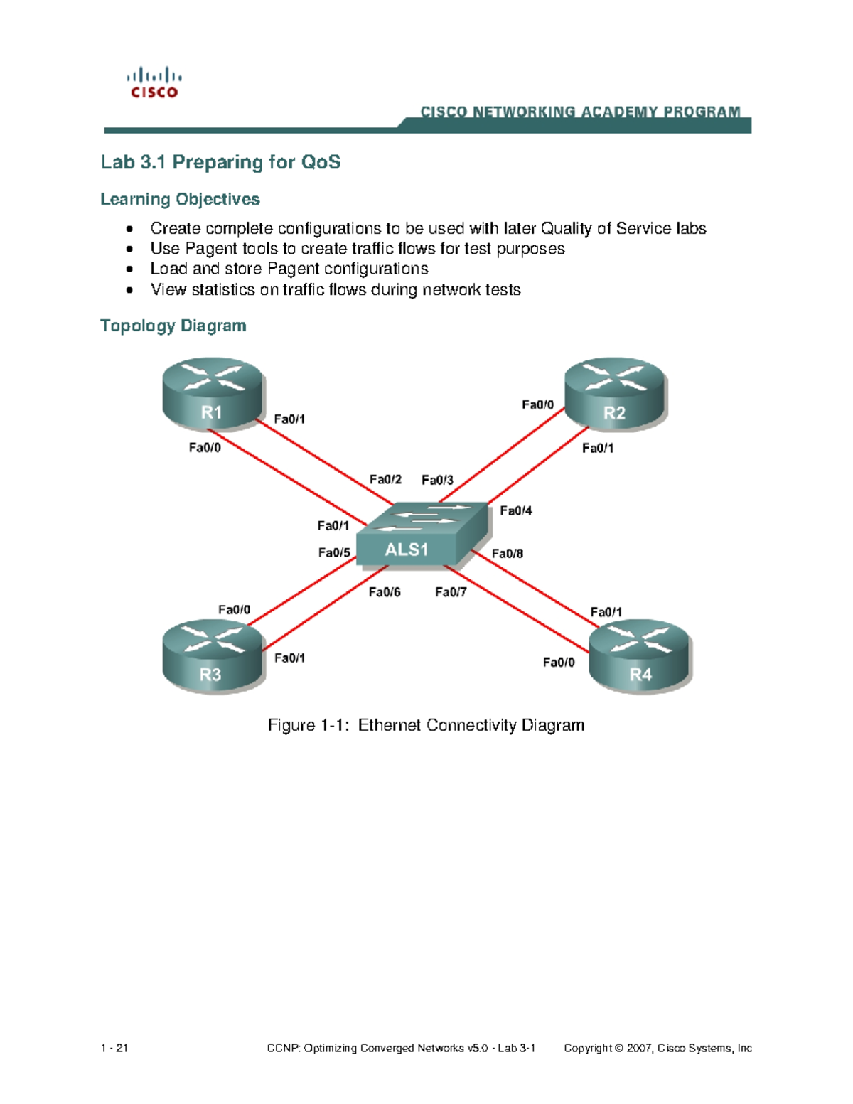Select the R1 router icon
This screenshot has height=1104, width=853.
[x=213, y=394]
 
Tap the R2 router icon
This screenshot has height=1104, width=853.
[x=615, y=394]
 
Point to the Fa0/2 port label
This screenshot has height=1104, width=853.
[x=385, y=480]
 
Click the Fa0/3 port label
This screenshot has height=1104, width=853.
[x=437, y=481]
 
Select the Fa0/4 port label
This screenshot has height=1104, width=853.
[x=515, y=510]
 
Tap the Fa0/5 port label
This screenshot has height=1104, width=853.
[x=334, y=552]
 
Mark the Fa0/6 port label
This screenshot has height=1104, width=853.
[x=385, y=592]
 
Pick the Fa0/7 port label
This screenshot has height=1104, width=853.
[x=451, y=592]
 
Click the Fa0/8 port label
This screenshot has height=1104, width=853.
[x=508, y=553]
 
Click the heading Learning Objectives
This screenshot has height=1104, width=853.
[x=180, y=199]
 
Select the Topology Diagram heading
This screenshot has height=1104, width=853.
[x=173, y=326]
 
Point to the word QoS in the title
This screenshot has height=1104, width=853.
[x=321, y=162]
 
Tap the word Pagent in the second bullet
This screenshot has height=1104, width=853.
[x=211, y=249]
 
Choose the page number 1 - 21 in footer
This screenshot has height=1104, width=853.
[x=114, y=1048]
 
